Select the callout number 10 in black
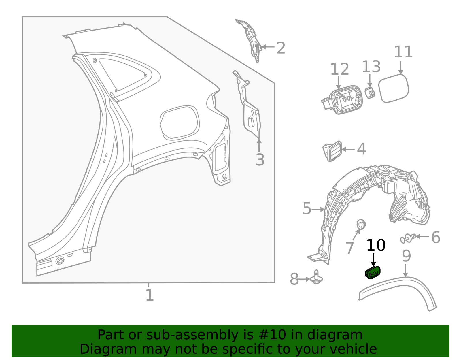(x=375, y=246)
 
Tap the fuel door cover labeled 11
(x=393, y=88)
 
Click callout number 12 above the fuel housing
(x=339, y=69)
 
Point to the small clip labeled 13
(x=370, y=93)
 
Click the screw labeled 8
(x=316, y=277)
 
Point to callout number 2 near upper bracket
(x=281, y=48)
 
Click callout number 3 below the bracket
(x=260, y=160)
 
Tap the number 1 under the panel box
(x=150, y=295)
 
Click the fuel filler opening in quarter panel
(x=179, y=122)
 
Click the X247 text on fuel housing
(x=346, y=99)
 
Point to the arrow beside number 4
(x=348, y=149)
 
